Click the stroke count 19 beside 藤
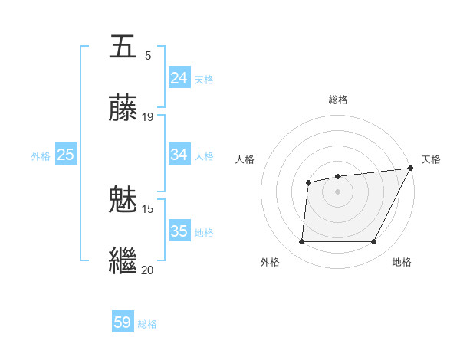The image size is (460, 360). (148, 117)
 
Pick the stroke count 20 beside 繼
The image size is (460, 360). (148, 269)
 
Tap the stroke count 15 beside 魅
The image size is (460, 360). (148, 208)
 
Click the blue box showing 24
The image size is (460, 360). (179, 78)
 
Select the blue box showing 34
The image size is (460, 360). (179, 155)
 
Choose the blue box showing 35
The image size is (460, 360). (179, 231)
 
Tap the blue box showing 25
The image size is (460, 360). (66, 155)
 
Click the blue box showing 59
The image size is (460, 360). (123, 322)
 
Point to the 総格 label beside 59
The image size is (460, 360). (147, 324)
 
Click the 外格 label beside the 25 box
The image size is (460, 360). (41, 156)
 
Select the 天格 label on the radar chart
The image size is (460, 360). (431, 159)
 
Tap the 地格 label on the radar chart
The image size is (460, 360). (402, 262)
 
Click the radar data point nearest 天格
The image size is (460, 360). (410, 169)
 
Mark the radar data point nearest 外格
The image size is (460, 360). (301, 242)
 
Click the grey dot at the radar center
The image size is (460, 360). (337, 191)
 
